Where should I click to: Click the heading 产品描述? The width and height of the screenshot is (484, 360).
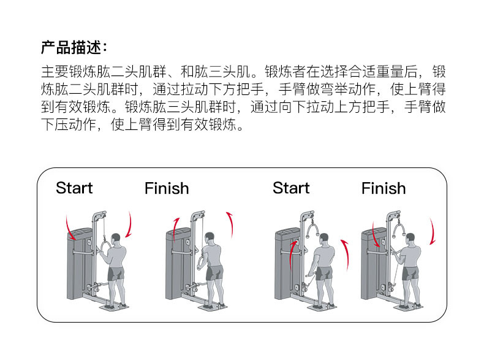(x=74, y=47)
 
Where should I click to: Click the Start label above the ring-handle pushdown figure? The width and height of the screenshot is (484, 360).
(x=74, y=188)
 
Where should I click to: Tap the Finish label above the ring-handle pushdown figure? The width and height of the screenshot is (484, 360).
(x=167, y=188)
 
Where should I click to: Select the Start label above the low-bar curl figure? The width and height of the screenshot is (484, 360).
(x=291, y=188)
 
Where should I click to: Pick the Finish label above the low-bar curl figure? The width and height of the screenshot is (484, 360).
(x=384, y=188)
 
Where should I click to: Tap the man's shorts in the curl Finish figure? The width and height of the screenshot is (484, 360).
(x=410, y=272)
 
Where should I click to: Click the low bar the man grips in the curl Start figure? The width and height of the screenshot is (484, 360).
(x=311, y=279)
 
